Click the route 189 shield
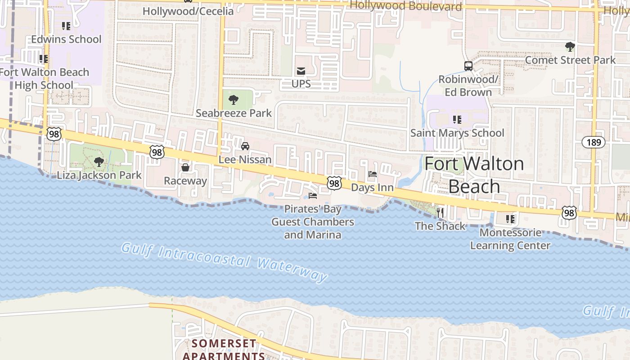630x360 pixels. pyautogui.click(x=594, y=143)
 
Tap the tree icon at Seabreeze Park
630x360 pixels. pyautogui.click(x=233, y=100)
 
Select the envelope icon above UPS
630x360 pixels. pyautogui.click(x=301, y=71)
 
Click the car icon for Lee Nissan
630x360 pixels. pyautogui.click(x=245, y=146)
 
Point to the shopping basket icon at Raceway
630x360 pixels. pyautogui.click(x=185, y=168)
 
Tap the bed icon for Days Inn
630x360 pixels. pyautogui.click(x=372, y=174)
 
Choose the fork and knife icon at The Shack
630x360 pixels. pyautogui.click(x=440, y=212)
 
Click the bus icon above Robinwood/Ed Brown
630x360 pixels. pyautogui.click(x=468, y=66)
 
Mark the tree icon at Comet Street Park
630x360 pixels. pyautogui.click(x=570, y=46)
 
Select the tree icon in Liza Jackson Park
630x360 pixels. pyautogui.click(x=99, y=162)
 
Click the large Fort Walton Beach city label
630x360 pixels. pyautogui.click(x=474, y=175)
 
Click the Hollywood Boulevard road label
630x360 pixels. pyautogui.click(x=405, y=6)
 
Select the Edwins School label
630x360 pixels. pyautogui.click(x=66, y=39)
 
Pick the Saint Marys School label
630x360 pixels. pyautogui.click(x=457, y=133)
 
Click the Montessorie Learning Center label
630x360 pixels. pyautogui.click(x=510, y=239)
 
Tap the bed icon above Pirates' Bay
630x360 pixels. pyautogui.click(x=313, y=195)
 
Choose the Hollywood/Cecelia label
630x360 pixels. pyautogui.click(x=188, y=11)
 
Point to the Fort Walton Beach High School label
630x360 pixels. pyautogui.click(x=44, y=79)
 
